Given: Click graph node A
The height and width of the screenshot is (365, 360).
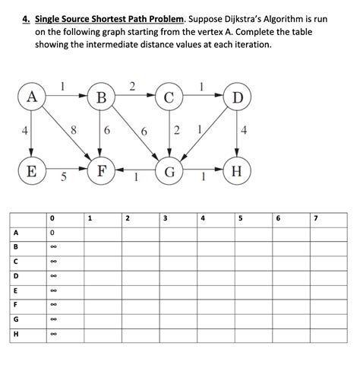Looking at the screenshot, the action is pyautogui.click(x=31, y=97).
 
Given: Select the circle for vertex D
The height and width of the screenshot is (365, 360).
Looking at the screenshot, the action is pyautogui.click(x=237, y=97).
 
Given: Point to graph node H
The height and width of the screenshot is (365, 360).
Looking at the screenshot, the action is pyautogui.click(x=237, y=171).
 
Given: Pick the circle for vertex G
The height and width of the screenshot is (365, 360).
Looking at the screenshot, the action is pyautogui.click(x=169, y=171).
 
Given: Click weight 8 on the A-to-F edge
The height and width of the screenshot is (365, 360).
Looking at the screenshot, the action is pyautogui.click(x=72, y=130).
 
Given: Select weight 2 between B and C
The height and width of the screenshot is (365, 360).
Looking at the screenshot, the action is pyautogui.click(x=132, y=85).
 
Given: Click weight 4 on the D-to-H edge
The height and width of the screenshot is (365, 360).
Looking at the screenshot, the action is pyautogui.click(x=243, y=130).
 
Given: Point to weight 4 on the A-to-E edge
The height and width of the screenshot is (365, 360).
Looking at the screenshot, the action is pyautogui.click(x=25, y=130).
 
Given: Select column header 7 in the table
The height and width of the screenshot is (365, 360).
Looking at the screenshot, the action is pyautogui.click(x=315, y=219).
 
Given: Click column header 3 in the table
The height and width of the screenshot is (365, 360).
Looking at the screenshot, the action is pyautogui.click(x=165, y=219).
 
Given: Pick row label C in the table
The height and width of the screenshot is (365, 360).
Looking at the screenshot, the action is pyautogui.click(x=15, y=262).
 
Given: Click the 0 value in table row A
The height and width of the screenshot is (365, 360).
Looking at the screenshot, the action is pyautogui.click(x=52, y=233).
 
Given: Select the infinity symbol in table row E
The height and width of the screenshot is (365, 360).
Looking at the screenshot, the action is pyautogui.click(x=52, y=290).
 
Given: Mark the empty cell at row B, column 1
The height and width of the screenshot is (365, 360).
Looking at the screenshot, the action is pyautogui.click(x=102, y=247).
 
